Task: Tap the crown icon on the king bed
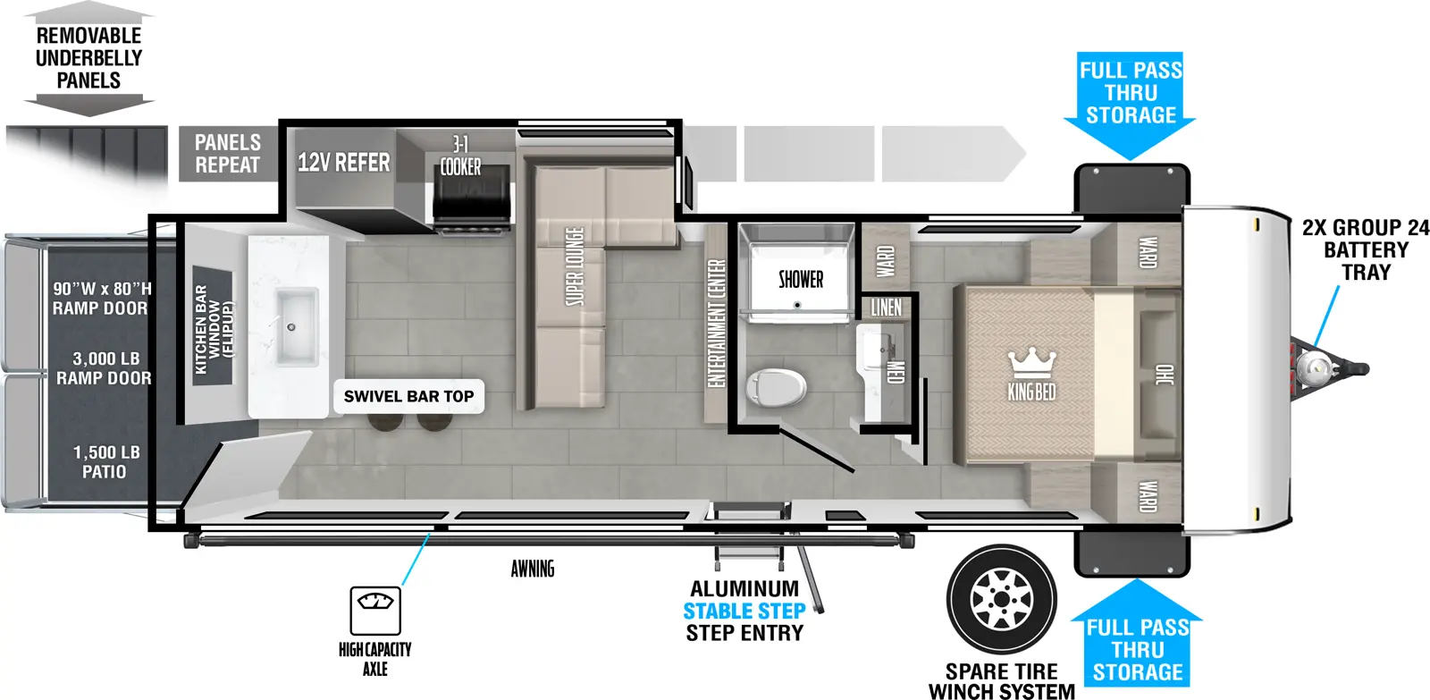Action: tap(1031, 362)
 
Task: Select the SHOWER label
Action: tap(800, 280)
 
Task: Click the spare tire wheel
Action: tap(1002, 598)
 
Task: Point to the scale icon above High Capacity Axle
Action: tap(375, 610)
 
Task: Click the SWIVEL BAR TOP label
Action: tap(408, 396)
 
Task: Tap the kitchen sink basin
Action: tap(295, 325)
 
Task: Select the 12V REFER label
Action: tap(343, 163)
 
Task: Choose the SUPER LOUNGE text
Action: tap(574, 266)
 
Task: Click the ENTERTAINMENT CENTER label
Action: tap(716, 323)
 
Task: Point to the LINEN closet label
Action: tap(886, 308)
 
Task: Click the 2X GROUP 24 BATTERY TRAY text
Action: tap(1365, 249)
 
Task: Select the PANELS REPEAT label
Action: tap(228, 154)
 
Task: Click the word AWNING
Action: tap(533, 569)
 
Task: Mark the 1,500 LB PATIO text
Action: tap(105, 461)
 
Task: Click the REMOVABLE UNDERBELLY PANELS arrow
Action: tap(88, 59)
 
